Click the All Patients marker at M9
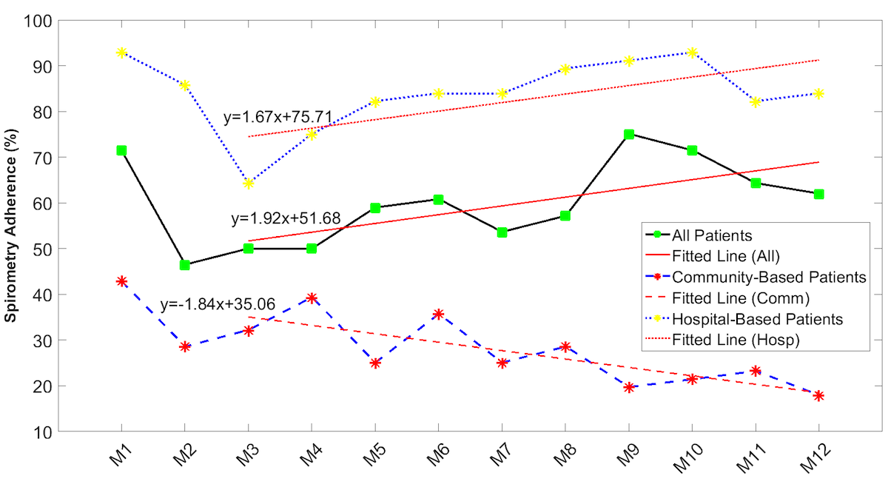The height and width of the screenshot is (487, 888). tap(629, 134)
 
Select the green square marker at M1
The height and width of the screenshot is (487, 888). tap(121, 150)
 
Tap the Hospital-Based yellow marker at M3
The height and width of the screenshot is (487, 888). tap(249, 183)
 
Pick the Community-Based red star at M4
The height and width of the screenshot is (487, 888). tap(312, 298)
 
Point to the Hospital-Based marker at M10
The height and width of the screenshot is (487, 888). tap(692, 53)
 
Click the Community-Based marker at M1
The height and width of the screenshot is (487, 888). tap(121, 281)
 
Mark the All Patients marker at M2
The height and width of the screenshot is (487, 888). tap(185, 265)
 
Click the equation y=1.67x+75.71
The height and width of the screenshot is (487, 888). tap(277, 117)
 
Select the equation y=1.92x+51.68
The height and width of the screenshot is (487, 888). tap(286, 219)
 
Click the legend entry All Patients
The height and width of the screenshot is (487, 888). tap(712, 236)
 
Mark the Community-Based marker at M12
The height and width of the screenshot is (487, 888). tap(818, 396)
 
